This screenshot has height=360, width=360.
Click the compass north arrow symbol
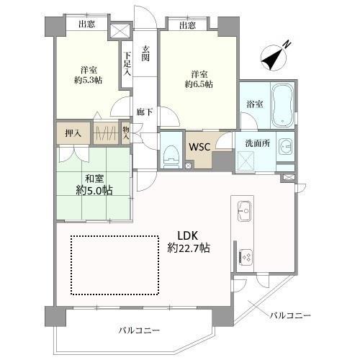[x=274, y=57]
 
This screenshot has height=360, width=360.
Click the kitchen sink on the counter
[x=244, y=211]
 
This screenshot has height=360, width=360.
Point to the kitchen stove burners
[x=246, y=258]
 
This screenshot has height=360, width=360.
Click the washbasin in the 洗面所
[x=286, y=146]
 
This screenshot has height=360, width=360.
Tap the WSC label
[x=199, y=147]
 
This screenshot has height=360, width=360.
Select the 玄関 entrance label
[x=145, y=53]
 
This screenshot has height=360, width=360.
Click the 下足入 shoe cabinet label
[x=127, y=63]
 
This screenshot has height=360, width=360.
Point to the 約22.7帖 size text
[x=189, y=248]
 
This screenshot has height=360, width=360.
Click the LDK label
[x=187, y=235]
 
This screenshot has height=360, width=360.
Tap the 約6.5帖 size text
[x=199, y=84]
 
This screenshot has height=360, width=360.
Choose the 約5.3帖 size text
[x=89, y=80]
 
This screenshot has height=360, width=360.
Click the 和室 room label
[x=94, y=179]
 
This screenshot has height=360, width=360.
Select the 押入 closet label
[x=73, y=133]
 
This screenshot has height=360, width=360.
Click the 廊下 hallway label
[x=145, y=112]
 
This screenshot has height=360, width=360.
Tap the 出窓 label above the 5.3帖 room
[x=86, y=24]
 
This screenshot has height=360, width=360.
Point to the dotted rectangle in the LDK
[x=114, y=265]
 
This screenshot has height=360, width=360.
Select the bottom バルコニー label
[x=139, y=330]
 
